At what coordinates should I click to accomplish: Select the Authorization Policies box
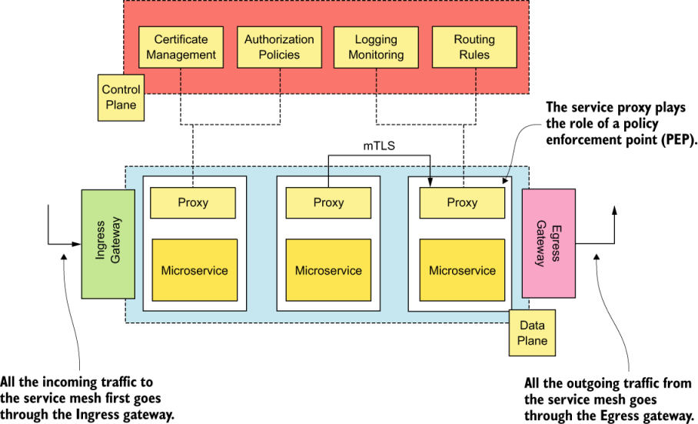point(279,47)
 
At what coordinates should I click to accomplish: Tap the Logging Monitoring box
point(376,47)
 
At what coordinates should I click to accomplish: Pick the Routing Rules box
point(474,47)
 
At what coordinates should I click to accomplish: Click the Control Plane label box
point(121,98)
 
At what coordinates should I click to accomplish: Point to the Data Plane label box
point(532,333)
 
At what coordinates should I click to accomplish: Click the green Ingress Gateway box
point(109,244)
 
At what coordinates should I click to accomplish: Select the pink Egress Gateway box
point(548,244)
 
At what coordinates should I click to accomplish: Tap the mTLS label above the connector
point(379,144)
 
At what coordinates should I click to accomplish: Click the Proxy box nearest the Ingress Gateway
point(193,202)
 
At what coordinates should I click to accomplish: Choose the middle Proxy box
point(328,202)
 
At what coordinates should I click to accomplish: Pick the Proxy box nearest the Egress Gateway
point(462,202)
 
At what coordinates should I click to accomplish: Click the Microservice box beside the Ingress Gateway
point(194,270)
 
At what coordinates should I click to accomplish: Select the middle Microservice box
point(328,270)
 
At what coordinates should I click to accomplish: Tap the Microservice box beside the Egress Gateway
point(462,270)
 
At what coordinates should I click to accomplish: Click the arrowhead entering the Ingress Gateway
point(77,244)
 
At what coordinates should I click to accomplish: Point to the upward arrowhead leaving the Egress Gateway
point(614,212)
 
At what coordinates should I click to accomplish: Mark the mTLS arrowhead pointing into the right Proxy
point(429,182)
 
